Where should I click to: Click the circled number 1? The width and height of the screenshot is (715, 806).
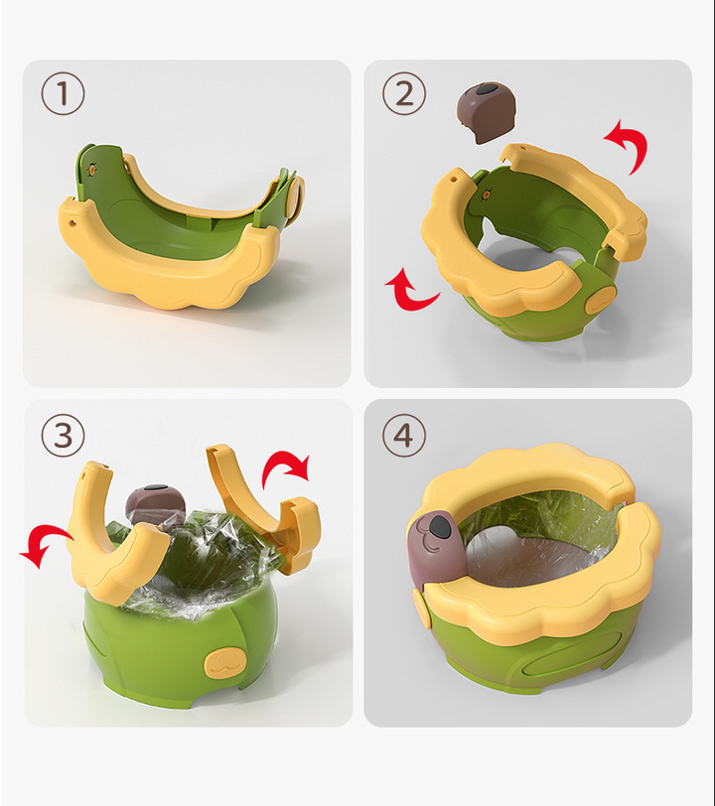(63, 93)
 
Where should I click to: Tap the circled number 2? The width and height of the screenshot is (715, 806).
(404, 93)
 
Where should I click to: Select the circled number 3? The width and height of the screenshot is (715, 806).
(63, 436)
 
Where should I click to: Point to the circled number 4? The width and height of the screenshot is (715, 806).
(404, 436)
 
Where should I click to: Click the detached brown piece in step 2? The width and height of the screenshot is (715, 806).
(486, 112)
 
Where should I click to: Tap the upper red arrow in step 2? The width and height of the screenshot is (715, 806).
(629, 145)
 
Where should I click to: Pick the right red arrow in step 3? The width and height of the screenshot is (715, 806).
(287, 466)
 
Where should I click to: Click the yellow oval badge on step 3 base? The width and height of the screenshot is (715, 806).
(223, 663)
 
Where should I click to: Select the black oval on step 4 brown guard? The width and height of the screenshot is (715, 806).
(440, 526)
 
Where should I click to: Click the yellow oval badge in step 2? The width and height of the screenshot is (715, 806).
(601, 299)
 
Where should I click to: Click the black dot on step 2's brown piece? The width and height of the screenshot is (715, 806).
(484, 90)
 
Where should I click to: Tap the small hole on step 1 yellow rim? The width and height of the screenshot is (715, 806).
(72, 223)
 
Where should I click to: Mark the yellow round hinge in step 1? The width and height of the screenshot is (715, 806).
(294, 197)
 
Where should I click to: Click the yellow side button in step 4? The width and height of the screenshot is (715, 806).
(421, 608)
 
